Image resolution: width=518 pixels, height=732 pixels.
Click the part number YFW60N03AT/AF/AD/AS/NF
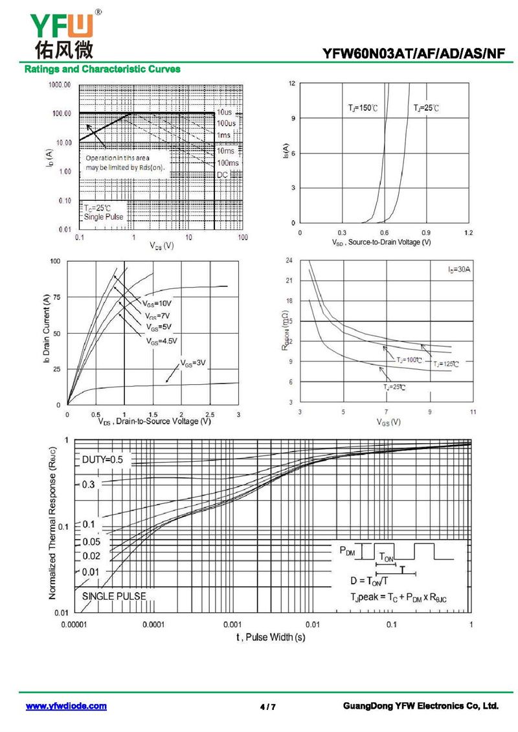(414, 54)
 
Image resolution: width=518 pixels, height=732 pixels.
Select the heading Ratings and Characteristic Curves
(102, 69)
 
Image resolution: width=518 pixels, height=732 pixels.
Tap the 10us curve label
(225, 113)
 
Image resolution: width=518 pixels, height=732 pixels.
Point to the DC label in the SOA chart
(223, 175)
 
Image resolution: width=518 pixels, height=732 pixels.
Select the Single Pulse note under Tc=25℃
(104, 217)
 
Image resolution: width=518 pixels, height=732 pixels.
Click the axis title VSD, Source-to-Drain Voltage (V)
(381, 242)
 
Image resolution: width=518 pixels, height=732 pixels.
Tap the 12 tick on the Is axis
(292, 84)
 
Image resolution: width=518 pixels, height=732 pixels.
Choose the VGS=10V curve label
(157, 303)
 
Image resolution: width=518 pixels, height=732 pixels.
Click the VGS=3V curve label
(192, 363)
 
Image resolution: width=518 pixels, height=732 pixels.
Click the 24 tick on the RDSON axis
(289, 260)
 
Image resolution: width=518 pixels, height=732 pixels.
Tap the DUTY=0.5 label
(106, 460)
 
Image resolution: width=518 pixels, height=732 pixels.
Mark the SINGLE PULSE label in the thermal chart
(114, 596)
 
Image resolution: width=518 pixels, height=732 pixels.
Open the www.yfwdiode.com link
(66, 706)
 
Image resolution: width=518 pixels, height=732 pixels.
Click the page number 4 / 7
(267, 707)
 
